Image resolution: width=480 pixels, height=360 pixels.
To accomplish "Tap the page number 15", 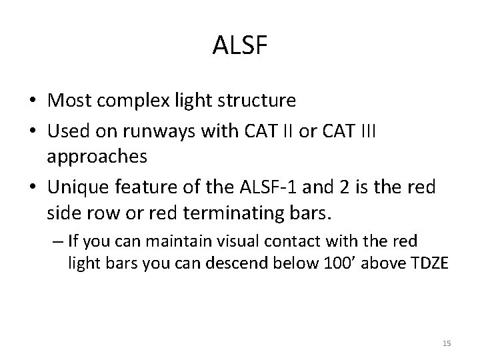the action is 447,343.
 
